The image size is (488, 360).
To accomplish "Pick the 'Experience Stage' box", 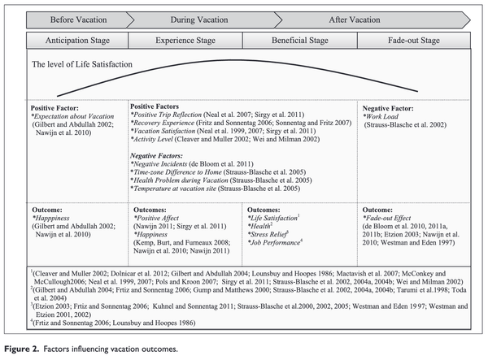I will pyautogui.click(x=187, y=37).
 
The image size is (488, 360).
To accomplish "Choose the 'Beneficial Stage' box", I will pyautogui.click(x=303, y=37).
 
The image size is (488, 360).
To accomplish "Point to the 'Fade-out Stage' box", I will pyautogui.click(x=416, y=37).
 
